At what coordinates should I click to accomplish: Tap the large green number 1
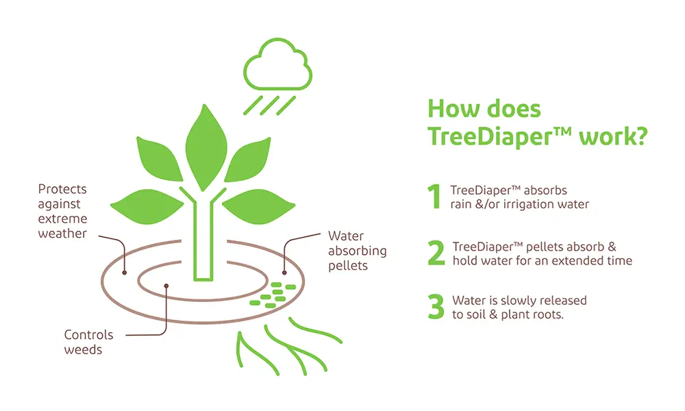[x=434, y=197]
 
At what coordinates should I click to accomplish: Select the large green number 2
[x=436, y=253]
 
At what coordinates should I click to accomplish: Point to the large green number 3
[x=436, y=307]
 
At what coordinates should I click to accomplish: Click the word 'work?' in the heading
[x=613, y=137]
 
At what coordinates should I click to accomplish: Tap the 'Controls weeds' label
[x=88, y=342]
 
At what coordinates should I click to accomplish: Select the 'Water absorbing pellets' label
[x=358, y=251]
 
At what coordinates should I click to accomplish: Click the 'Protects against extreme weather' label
[x=62, y=211]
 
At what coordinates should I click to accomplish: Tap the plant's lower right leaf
[x=259, y=207]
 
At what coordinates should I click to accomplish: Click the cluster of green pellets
[x=273, y=295]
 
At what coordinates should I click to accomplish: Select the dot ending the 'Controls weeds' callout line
[x=166, y=286]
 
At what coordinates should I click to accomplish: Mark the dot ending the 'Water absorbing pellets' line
[x=284, y=273]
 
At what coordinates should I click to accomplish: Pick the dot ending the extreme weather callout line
[x=125, y=273]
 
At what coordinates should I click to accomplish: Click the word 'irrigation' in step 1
[x=527, y=204]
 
